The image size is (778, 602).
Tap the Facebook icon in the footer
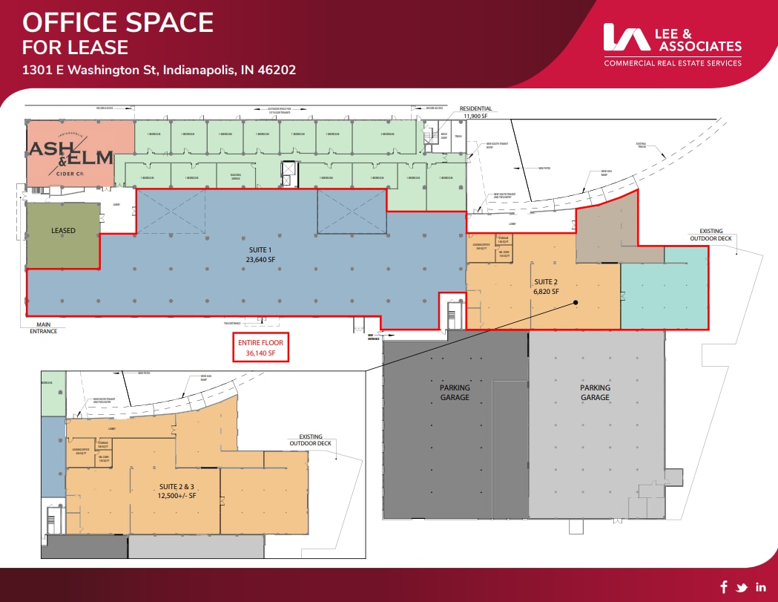click(723, 586)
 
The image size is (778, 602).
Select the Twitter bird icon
click(741, 586)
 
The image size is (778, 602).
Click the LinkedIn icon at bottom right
click(760, 586)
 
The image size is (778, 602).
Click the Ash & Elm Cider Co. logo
click(71, 154)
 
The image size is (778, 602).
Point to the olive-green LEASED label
click(63, 231)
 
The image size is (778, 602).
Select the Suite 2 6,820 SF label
click(546, 287)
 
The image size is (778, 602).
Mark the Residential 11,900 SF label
click(475, 112)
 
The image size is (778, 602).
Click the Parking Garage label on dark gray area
click(454, 392)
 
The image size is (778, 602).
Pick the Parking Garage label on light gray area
click(595, 392)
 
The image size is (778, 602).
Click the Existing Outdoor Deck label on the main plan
click(706, 235)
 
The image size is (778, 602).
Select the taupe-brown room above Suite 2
click(604, 232)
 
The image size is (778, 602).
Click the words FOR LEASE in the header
click(75, 48)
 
